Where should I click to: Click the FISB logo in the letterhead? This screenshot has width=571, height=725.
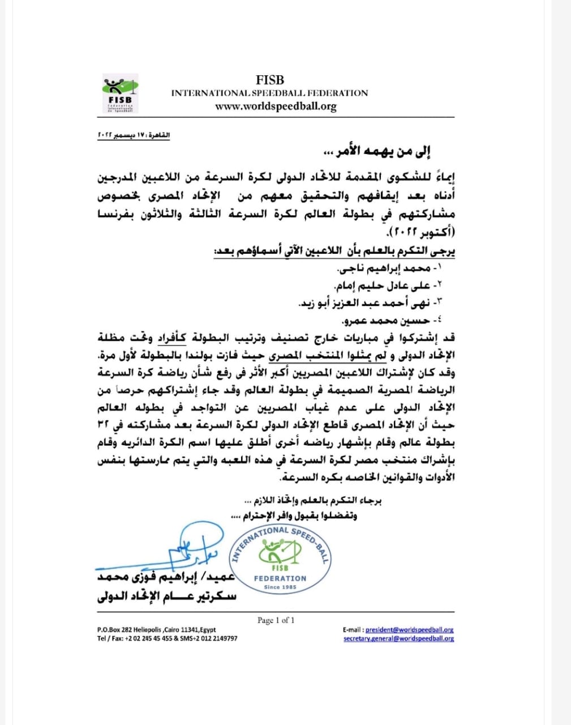tap(119, 93)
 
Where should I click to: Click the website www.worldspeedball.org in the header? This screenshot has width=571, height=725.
tap(276, 106)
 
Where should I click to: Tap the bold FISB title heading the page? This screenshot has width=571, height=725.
tap(269, 80)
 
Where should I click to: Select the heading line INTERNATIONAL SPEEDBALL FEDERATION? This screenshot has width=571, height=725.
tap(269, 93)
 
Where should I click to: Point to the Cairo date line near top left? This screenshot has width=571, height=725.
tap(134, 136)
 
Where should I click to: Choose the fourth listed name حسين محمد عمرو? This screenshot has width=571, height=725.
tap(400, 321)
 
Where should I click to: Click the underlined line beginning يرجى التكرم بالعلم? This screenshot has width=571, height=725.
tap(334, 250)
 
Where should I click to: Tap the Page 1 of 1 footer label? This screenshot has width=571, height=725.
tap(276, 620)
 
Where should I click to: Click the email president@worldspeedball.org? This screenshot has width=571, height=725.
tap(409, 629)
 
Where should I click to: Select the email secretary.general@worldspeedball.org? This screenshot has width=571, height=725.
tap(398, 638)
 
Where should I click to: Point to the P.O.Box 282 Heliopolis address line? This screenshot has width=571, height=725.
tap(156, 629)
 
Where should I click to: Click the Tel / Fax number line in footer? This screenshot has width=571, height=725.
tap(167, 638)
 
